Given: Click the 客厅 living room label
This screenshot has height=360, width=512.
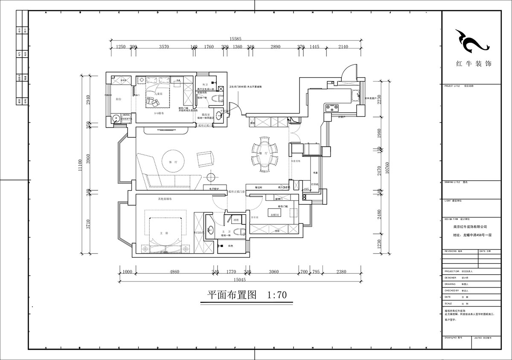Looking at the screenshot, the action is click(x=172, y=163).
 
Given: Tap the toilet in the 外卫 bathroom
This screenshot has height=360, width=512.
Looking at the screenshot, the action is click(x=216, y=99).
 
